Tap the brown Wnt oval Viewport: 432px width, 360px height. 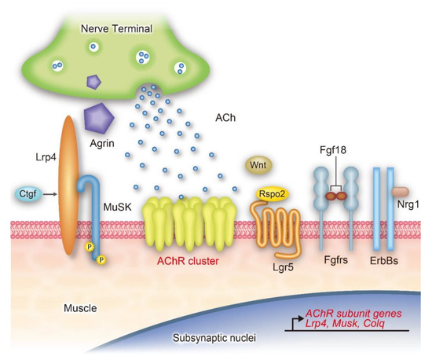click(257, 164)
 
